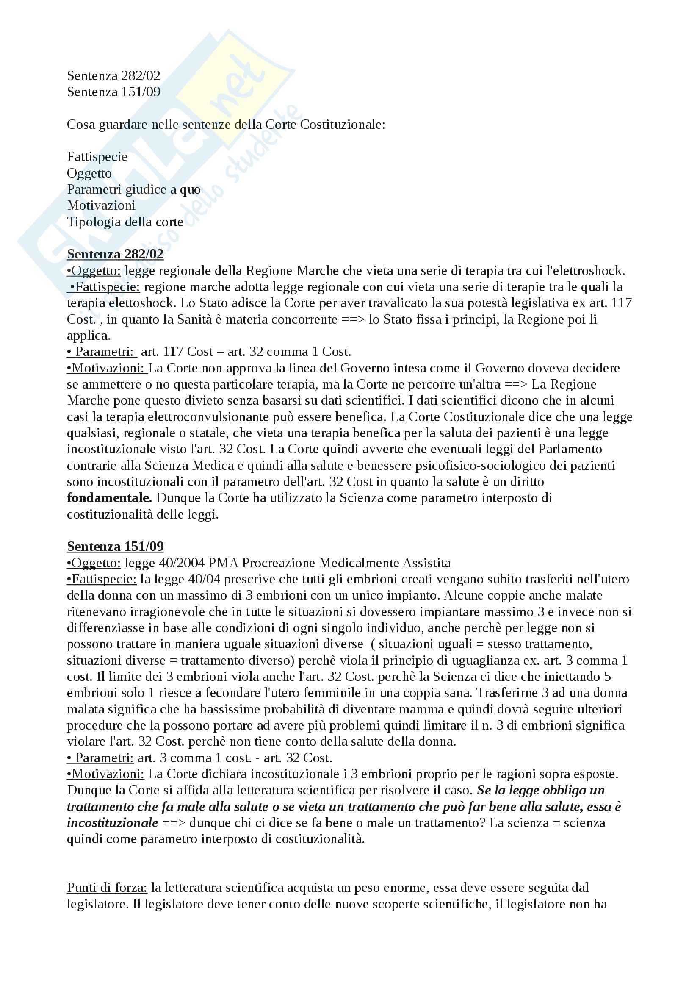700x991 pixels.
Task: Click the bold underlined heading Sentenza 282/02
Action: (x=115, y=254)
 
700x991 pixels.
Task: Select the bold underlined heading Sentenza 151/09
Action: (x=115, y=547)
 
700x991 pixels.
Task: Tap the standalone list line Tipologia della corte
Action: (x=125, y=222)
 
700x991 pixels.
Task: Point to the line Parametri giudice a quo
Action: (x=134, y=189)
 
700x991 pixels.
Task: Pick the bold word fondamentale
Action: (x=110, y=498)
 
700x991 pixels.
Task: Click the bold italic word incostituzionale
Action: (x=113, y=823)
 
